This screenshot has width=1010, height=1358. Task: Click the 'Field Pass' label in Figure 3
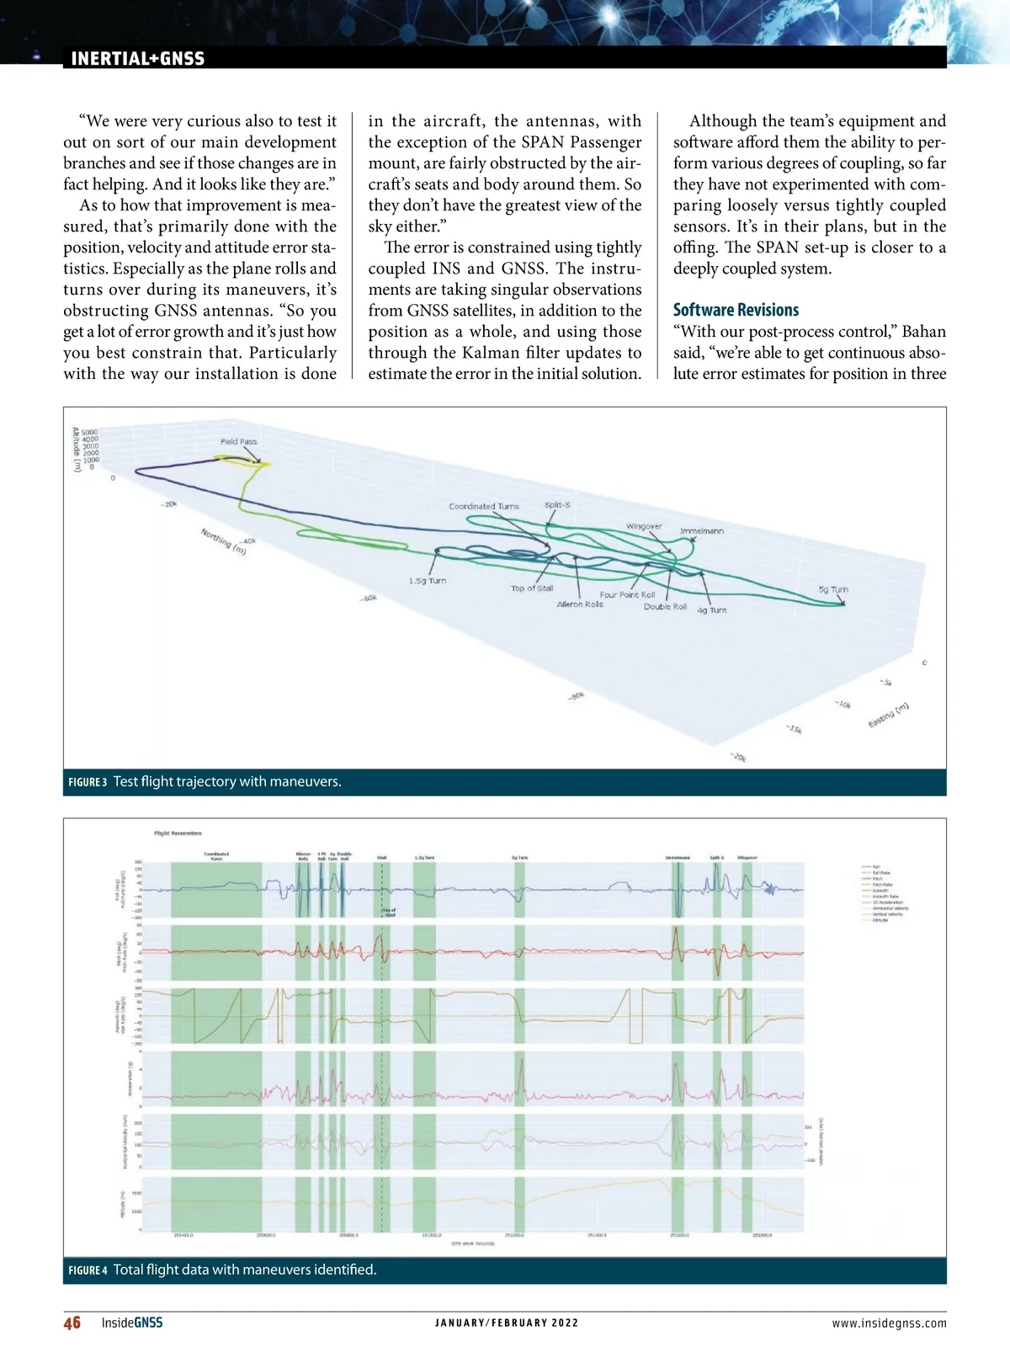[x=238, y=441]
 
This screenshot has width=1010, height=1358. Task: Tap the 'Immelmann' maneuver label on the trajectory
[x=701, y=531]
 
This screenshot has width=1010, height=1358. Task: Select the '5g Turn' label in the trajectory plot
[x=833, y=589]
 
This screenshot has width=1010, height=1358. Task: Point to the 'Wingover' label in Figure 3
[x=644, y=526]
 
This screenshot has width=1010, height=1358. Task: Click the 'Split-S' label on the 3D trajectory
[x=557, y=505]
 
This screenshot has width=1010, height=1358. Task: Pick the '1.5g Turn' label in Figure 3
[x=428, y=581]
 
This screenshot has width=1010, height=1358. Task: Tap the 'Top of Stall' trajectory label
[x=532, y=588]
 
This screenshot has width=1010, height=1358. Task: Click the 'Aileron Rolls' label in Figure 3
[x=580, y=604]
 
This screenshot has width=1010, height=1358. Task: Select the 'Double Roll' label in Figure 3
[x=665, y=606]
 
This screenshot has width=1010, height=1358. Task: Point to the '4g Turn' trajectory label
[x=711, y=610]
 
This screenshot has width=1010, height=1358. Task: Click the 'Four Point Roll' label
[x=627, y=594]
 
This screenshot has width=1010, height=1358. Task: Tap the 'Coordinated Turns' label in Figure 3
[x=484, y=507]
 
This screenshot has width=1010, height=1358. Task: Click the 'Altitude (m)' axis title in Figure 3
[x=76, y=450]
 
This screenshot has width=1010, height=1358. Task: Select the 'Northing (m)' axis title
[x=224, y=541]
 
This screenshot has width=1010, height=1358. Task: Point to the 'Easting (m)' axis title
[x=889, y=716]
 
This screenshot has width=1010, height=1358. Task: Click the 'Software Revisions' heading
[x=736, y=310]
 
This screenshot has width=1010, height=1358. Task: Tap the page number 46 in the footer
[x=72, y=1323]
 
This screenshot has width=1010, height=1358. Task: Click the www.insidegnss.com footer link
[x=889, y=1323]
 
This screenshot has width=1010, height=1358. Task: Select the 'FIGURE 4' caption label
[x=88, y=1270]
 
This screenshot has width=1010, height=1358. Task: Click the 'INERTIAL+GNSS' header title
[x=137, y=59]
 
